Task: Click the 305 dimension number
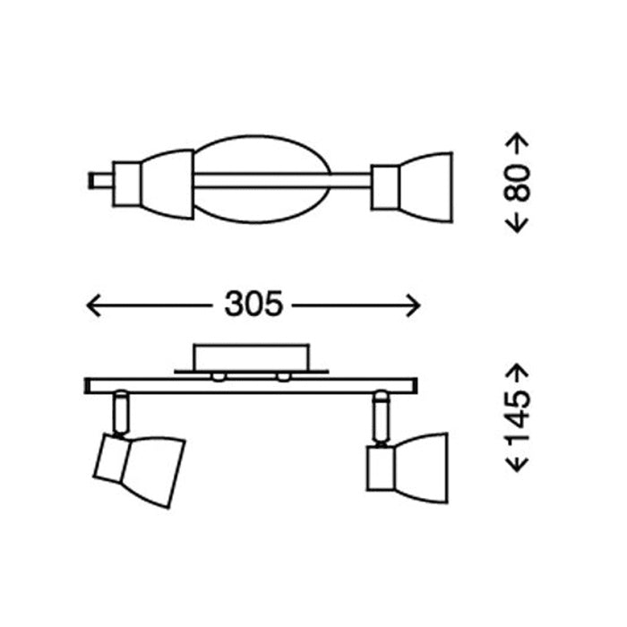click(253, 304)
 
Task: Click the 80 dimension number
click(517, 183)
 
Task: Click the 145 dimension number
click(517, 417)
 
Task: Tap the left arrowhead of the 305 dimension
click(93, 305)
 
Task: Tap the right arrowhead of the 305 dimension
click(413, 305)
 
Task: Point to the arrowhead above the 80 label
click(517, 140)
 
